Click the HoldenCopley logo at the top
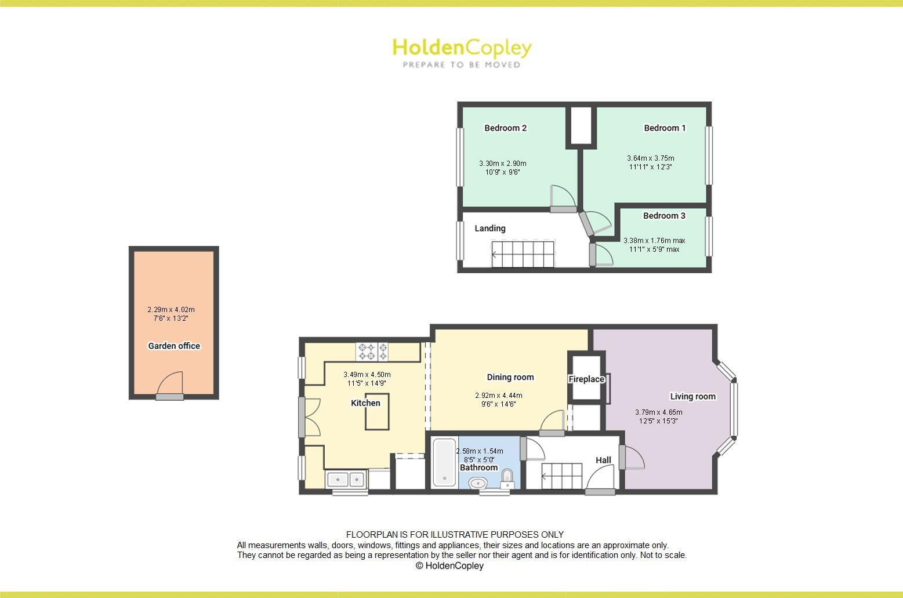462,52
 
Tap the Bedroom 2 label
505,128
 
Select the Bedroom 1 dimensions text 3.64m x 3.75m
650,158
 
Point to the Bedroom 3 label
664,216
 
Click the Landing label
490,229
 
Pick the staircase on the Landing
523,254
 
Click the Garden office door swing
171,383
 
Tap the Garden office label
174,346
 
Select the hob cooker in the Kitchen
372,351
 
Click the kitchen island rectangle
377,412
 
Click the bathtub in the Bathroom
444,462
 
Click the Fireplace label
586,379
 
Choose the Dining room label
510,378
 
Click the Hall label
603,461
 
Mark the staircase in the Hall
561,476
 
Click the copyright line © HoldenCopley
449,566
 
